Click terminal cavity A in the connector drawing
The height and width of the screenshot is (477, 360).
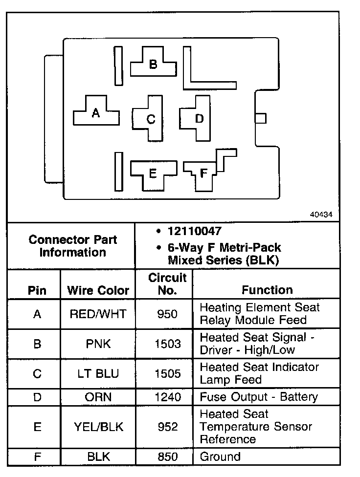pyautogui.click(x=96, y=113)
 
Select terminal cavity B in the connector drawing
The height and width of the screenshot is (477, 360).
pyautogui.click(x=153, y=64)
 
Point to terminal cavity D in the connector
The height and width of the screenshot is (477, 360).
pyautogui.click(x=199, y=119)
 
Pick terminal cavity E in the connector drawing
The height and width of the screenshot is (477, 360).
pyautogui.click(x=153, y=173)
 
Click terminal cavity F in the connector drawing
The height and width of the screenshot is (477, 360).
pyautogui.click(x=203, y=173)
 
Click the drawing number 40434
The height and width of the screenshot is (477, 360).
pyautogui.click(x=321, y=215)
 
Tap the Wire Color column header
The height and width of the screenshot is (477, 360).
pyautogui.click(x=98, y=290)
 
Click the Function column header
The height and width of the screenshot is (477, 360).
pyautogui.click(x=267, y=290)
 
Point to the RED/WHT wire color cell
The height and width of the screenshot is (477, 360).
pyautogui.click(x=98, y=314)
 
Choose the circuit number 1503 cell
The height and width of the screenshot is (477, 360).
pyautogui.click(x=167, y=344)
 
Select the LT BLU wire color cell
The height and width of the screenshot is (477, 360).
pyautogui.click(x=98, y=374)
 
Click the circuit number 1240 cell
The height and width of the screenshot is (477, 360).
pyautogui.click(x=167, y=397)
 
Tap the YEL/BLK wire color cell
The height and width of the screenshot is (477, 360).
pyautogui.click(x=98, y=427)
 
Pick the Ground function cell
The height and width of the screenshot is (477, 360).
pyautogui.click(x=221, y=457)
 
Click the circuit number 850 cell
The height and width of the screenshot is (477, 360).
pyautogui.click(x=167, y=457)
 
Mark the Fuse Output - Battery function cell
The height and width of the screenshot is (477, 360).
pyautogui.click(x=259, y=397)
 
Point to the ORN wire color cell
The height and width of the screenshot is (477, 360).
pyautogui.click(x=98, y=397)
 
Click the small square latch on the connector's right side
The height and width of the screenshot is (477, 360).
pyautogui.click(x=261, y=118)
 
